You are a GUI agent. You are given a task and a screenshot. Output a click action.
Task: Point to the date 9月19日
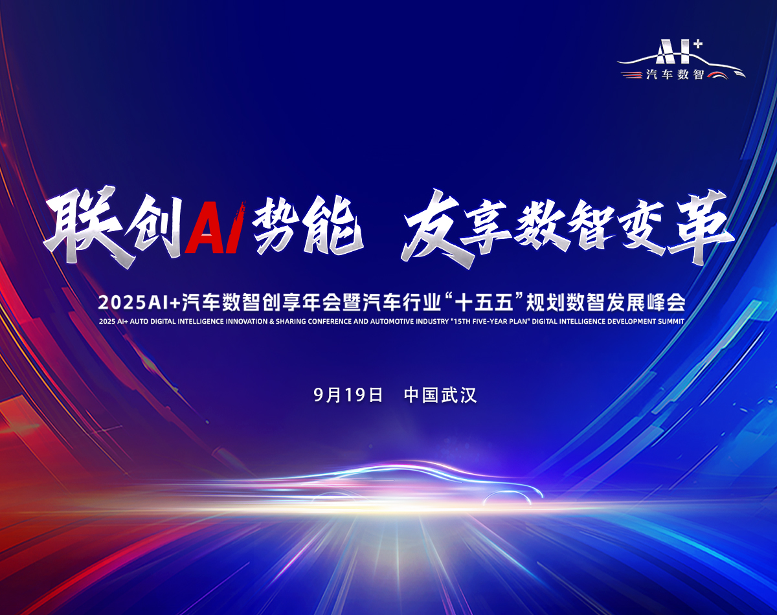pos(348,395)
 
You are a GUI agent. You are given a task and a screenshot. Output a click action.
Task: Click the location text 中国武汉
pos(440,395)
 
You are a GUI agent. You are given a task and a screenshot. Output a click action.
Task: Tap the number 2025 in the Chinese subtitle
pos(122,302)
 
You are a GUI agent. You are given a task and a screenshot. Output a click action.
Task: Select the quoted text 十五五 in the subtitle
pos(484,302)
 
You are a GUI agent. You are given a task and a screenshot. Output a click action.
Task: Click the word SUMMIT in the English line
pos(671,321)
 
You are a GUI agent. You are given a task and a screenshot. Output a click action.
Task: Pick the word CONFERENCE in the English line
pos(330,321)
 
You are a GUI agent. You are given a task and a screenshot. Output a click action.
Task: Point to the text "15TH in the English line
pos(460,321)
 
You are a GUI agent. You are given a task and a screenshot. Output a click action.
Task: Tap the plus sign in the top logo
pos(688,45)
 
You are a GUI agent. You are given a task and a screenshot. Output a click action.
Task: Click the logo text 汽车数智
pos(675,74)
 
